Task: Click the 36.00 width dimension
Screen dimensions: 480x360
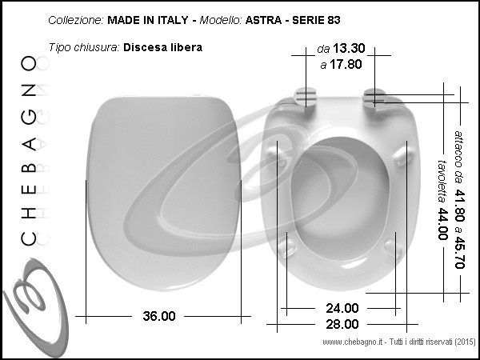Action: (159, 316)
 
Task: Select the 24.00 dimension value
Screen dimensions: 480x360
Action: (342, 308)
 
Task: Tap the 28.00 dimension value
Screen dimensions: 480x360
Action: (342, 324)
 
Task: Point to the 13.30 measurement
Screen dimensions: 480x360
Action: (349, 48)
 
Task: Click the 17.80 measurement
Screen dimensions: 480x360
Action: (346, 64)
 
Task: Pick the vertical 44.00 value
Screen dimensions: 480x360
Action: (442, 224)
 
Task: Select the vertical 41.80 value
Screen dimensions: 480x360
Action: (460, 205)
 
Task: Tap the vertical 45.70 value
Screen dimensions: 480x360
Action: (460, 252)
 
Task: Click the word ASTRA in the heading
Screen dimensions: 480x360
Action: (263, 20)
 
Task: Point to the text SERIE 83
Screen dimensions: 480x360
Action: (316, 20)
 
